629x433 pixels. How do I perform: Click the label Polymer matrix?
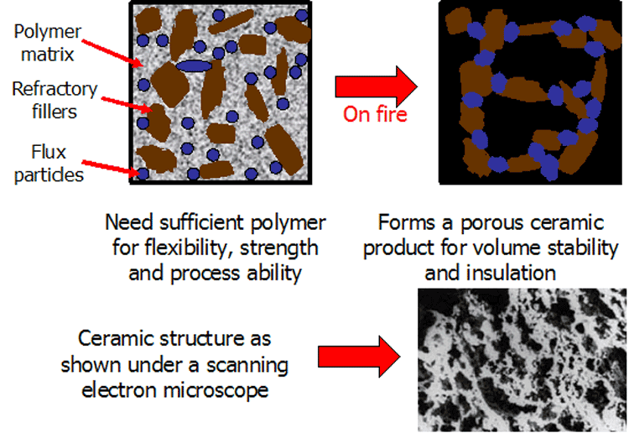[x=47, y=43]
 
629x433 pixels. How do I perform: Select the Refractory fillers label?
[x=55, y=100]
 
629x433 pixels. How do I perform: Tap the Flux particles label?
[x=49, y=164]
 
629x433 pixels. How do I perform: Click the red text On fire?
[x=375, y=114]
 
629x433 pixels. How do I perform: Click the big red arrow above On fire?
[x=376, y=86]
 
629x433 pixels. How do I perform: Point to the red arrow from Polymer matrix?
[x=112, y=54]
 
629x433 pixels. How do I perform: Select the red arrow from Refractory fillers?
[x=127, y=103]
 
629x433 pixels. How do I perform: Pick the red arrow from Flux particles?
[x=111, y=168]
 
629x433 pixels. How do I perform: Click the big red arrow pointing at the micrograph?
[x=359, y=357]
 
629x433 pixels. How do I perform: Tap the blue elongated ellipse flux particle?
[x=194, y=66]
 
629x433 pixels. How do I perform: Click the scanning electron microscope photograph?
[x=522, y=360]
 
